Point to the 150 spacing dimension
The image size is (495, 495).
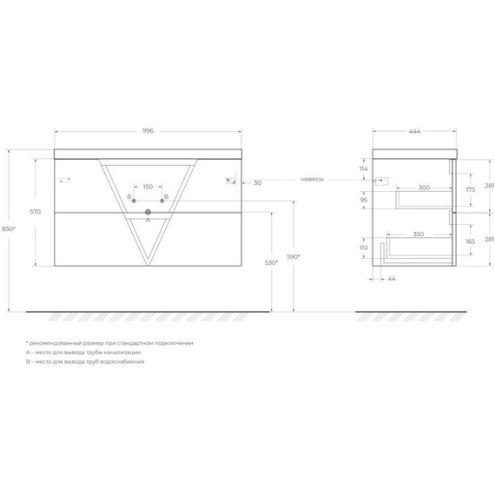click(148, 186)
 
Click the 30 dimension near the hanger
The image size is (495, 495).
click(258, 183)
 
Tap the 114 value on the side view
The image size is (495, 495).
click(364, 168)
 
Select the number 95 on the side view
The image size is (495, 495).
click(365, 200)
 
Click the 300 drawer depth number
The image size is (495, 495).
click(424, 187)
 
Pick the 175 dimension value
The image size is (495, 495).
click(469, 188)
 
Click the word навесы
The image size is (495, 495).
click(312, 179)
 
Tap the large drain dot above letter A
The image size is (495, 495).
click(148, 212)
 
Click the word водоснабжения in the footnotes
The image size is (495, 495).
click(124, 360)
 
